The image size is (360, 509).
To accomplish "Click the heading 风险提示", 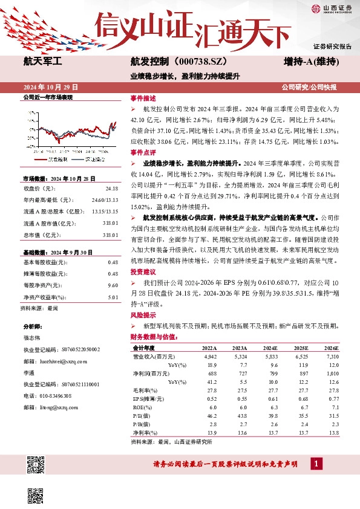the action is (143, 315).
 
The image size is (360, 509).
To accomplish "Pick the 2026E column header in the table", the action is (330, 349).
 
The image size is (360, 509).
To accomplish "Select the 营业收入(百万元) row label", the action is (152, 357).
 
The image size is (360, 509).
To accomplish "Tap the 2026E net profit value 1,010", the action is (332, 374).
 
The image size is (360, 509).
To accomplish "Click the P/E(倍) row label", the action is (142, 417).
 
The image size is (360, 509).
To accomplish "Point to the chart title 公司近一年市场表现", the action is (47, 97).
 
